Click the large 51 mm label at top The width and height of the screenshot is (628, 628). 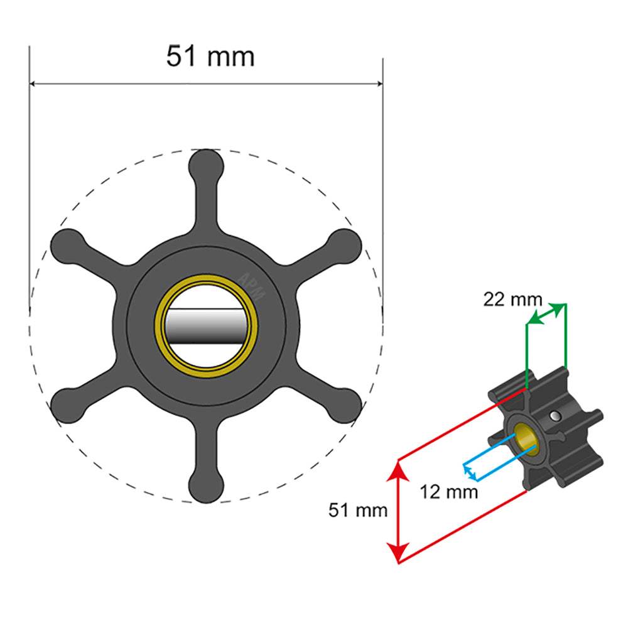point(210,57)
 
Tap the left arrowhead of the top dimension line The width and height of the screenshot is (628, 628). point(35,84)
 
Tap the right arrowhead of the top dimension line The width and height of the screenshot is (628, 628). point(378,84)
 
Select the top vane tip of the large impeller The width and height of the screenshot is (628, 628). point(207,165)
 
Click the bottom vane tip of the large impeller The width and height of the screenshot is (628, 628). point(207,487)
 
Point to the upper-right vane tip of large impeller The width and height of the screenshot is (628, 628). point(346,245)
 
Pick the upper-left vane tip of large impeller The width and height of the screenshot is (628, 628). point(67,245)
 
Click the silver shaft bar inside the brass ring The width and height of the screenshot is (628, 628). point(207,325)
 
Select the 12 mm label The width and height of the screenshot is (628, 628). point(448,491)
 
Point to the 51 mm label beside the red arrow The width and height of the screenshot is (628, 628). point(358,510)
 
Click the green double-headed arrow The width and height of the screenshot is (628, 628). point(546,313)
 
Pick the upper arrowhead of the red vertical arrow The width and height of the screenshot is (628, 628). point(398,468)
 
